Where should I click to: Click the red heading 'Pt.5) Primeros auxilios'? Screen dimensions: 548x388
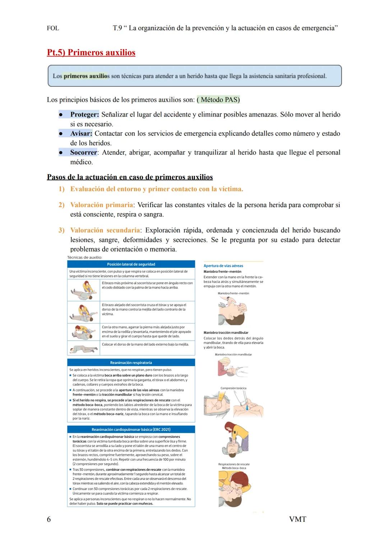[91, 52]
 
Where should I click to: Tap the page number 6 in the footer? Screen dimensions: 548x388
[49, 519]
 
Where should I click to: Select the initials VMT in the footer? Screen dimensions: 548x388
[297, 519]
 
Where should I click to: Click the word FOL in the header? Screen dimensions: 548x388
[53, 28]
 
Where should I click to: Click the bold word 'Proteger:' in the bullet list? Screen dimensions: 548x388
[84, 115]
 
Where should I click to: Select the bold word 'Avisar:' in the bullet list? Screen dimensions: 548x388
[81, 134]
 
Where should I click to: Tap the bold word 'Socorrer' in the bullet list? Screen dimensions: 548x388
[83, 152]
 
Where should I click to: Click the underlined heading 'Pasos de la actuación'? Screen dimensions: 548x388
[130, 177]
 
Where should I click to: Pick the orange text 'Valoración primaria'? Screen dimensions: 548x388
[101, 205]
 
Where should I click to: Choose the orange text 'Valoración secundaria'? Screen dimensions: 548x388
[105, 230]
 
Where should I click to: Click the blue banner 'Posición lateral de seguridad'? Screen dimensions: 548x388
[131, 264]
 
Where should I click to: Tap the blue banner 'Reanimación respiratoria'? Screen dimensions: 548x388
[131, 363]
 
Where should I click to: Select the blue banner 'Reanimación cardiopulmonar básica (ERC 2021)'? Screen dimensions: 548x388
[131, 429]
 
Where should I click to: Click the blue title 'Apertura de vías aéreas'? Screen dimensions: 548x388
[223, 266]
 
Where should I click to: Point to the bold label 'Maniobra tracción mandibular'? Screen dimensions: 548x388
[226, 333]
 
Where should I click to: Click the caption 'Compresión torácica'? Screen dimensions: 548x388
[234, 388]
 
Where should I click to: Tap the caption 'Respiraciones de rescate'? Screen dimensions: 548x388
[234, 464]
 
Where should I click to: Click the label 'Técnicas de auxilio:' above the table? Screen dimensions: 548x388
[85, 257]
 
